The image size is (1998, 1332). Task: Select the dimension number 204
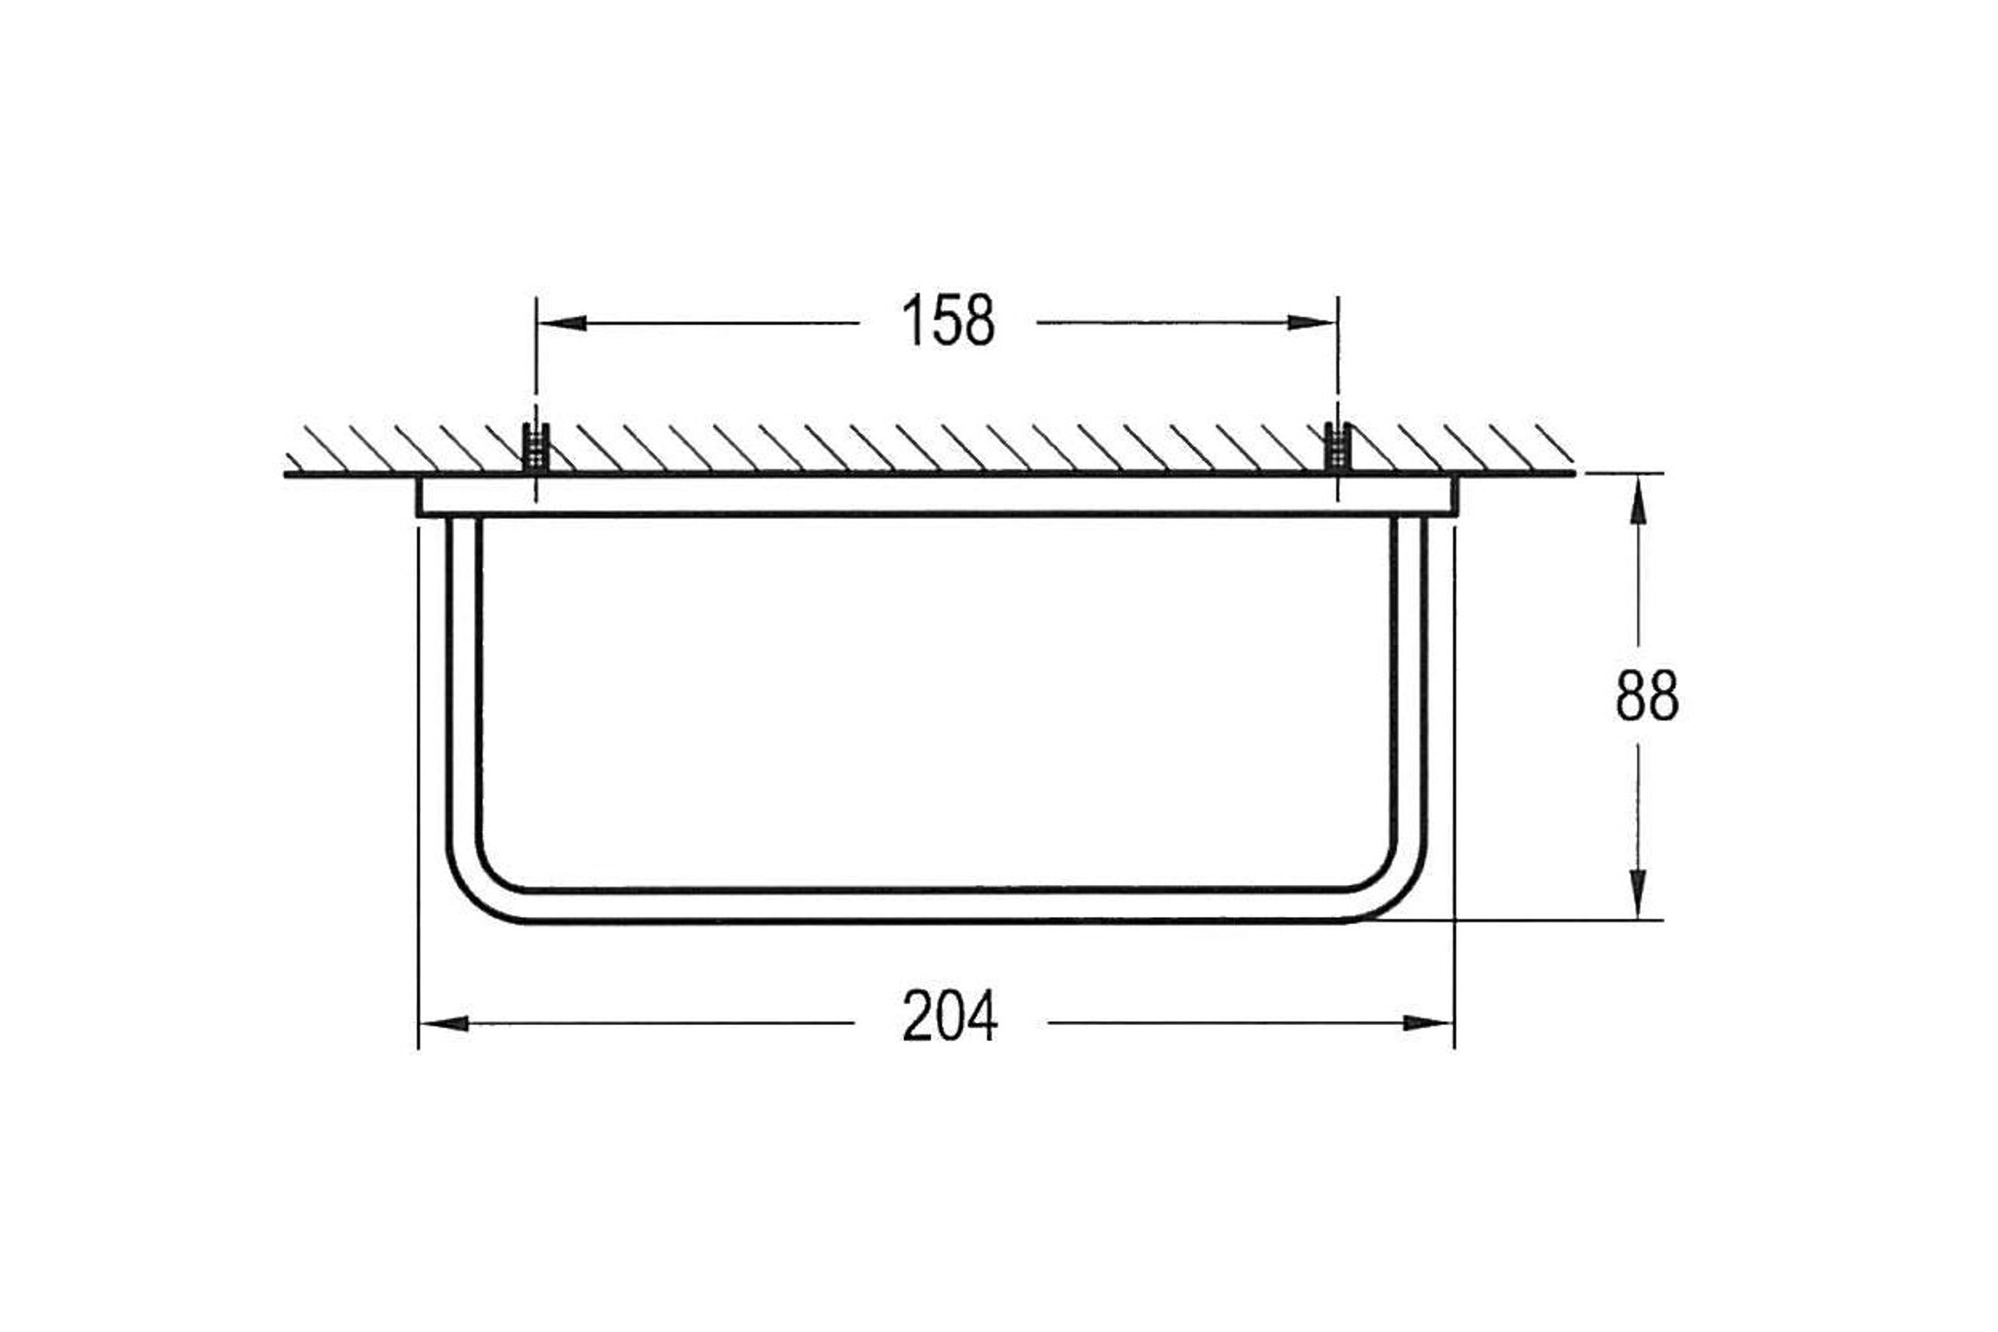pyautogui.click(x=950, y=1017)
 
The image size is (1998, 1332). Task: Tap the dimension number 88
pyautogui.click(x=1647, y=696)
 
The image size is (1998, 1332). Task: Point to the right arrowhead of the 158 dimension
pyautogui.click(x=1311, y=323)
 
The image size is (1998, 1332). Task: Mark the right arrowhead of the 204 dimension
pyautogui.click(x=1428, y=1023)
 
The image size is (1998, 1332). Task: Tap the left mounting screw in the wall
pyautogui.click(x=535, y=447)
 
